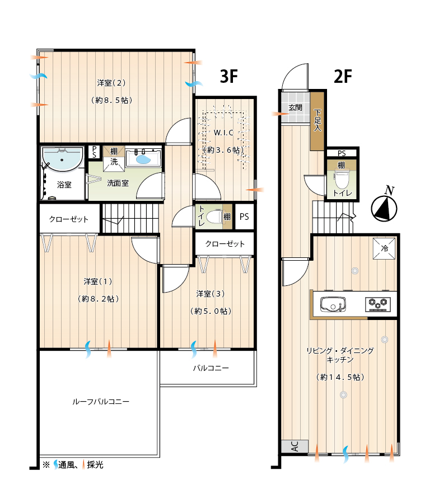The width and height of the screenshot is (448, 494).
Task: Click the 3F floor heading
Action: coord(228,76)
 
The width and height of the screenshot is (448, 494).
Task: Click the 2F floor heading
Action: coord(343,76)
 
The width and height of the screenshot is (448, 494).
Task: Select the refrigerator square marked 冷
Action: coord(384,248)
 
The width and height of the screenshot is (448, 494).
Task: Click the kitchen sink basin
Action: coord(333,304)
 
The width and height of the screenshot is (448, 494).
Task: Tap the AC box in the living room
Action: coord(295,446)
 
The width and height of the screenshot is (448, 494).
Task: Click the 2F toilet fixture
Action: coord(341,180)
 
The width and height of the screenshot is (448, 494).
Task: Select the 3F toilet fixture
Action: coord(214,216)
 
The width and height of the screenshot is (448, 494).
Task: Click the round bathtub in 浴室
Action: coord(62,159)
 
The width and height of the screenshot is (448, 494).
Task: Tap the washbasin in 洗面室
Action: coord(143,159)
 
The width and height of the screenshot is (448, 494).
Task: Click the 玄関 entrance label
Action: coord(296,108)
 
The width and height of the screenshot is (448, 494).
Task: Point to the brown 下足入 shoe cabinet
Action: coord(317,121)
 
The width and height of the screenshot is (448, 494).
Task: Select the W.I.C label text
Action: coord(223,133)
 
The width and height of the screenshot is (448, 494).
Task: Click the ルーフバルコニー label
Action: coord(101,402)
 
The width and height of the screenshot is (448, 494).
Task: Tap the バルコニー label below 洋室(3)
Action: coord(211,368)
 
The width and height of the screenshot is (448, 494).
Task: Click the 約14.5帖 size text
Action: coord(340,377)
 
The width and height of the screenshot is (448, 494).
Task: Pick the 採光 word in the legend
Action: coord(95,464)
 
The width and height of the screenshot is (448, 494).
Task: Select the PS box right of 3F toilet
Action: coord(244,217)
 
